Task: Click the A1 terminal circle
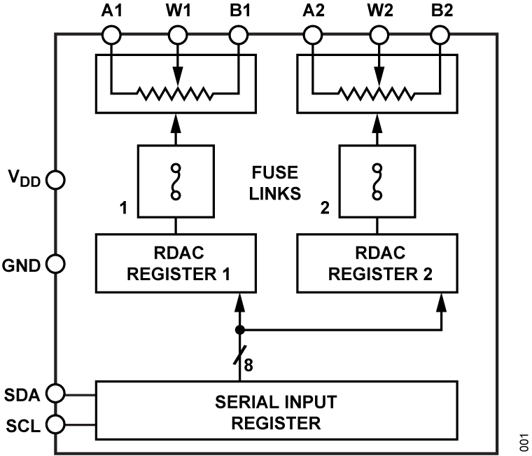click(111, 33)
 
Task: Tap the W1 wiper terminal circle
click(178, 33)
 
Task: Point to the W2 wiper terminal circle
click(379, 33)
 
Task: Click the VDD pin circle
click(55, 180)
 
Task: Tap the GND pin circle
click(55, 264)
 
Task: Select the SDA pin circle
click(55, 394)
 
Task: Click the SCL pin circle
click(55, 424)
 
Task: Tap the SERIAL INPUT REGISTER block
click(276, 413)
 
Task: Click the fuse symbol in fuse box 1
click(176, 181)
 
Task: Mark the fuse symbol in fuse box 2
click(379, 181)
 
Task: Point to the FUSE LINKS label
click(276, 182)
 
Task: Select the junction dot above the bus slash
click(240, 329)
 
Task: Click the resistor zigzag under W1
click(175, 92)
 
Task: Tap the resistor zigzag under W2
click(377, 92)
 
